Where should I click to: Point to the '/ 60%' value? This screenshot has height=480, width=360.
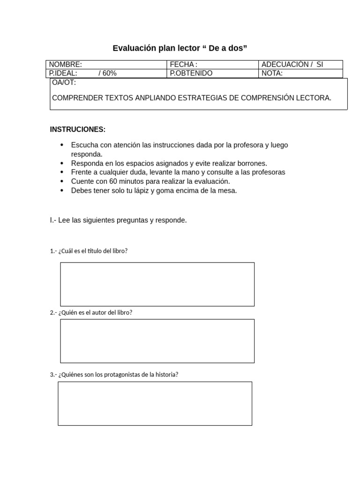[x=107, y=73]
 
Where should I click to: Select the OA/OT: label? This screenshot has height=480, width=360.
[x=64, y=83]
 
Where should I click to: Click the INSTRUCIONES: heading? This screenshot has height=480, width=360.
[x=78, y=129]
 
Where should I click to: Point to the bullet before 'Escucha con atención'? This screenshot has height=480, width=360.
[x=62, y=145]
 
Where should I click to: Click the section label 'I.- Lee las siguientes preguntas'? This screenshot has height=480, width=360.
[x=118, y=220]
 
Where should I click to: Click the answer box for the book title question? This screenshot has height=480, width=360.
[x=157, y=284]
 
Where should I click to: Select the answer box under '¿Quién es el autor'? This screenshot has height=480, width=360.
[x=157, y=341]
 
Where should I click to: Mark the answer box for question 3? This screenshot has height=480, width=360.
[x=155, y=403]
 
